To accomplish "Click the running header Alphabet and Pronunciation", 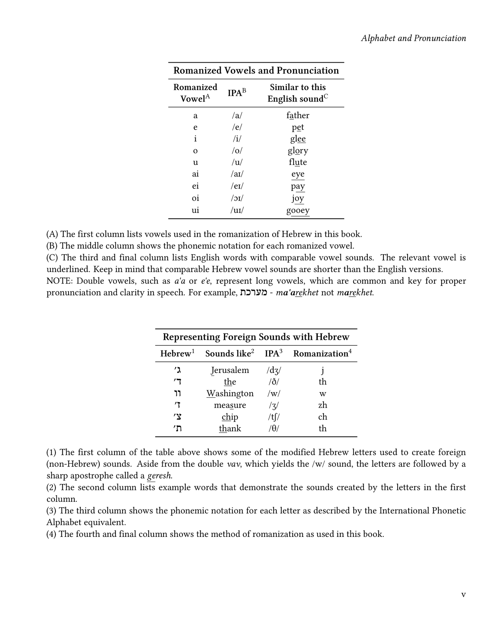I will [413, 38].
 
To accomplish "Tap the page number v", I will [463, 594].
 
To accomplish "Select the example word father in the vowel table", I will [298, 116].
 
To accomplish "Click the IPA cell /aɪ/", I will [237, 174].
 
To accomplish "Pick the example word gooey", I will [298, 210].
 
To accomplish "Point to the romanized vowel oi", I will [195, 198].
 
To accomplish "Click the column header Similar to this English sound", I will [298, 93].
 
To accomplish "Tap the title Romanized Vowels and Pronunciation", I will [256, 71].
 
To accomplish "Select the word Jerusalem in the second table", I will [230, 370].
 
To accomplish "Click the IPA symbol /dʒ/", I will [273, 370].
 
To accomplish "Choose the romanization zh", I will [322, 405].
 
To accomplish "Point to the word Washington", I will [230, 393].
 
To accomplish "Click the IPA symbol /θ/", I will [273, 429].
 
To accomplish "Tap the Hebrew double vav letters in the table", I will [177, 393].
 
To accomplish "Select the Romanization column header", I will [322, 354].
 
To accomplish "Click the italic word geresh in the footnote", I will [159, 476].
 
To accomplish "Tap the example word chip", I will [230, 417].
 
